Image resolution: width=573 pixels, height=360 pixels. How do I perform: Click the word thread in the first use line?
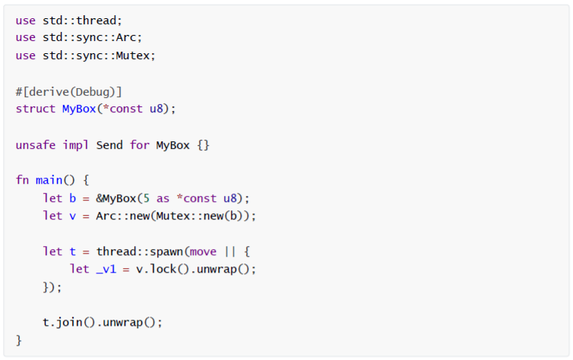(x=96, y=21)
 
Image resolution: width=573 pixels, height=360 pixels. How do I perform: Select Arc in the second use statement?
(x=125, y=38)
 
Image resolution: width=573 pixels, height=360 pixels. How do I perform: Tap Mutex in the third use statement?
(x=133, y=55)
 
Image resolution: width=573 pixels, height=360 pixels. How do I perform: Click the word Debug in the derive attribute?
(x=93, y=92)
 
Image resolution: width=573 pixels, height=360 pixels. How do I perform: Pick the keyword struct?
(x=36, y=109)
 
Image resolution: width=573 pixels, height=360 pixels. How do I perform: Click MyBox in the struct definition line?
(x=79, y=109)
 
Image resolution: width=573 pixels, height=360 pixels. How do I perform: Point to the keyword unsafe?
(x=36, y=145)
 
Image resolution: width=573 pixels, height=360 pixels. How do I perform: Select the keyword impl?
(x=76, y=145)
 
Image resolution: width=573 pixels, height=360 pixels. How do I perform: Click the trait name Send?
(x=109, y=145)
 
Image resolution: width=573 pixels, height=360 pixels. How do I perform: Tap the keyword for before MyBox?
(x=139, y=145)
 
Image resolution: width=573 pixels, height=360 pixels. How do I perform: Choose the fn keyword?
(x=22, y=180)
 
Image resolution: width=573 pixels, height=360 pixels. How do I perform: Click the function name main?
(x=49, y=180)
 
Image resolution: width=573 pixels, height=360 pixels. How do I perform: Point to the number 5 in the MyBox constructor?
(x=146, y=198)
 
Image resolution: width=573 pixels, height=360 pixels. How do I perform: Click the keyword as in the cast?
(x=163, y=198)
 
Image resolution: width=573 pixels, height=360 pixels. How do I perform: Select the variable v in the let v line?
(x=72, y=216)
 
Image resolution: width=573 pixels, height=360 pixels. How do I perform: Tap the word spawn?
(x=166, y=252)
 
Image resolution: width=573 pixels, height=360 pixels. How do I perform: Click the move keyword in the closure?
(x=203, y=252)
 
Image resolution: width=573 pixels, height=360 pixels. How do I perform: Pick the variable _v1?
(x=106, y=270)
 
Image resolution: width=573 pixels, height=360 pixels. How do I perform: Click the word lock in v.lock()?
(x=163, y=269)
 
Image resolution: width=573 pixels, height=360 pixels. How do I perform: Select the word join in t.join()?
(x=69, y=322)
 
